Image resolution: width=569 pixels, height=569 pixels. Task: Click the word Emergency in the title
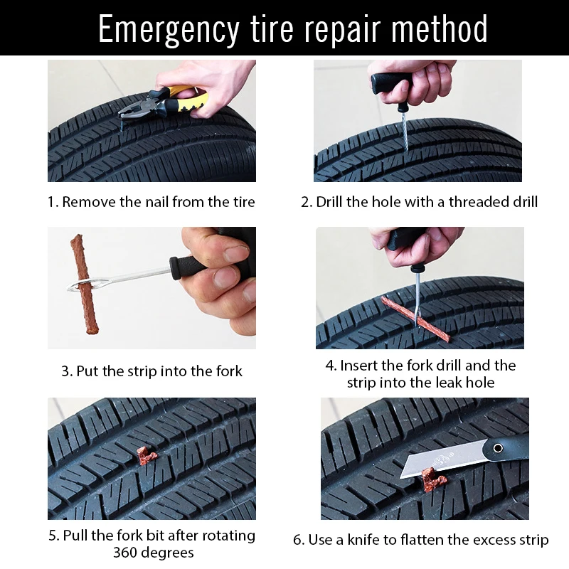[x=169, y=30]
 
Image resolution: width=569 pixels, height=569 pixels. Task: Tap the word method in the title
[x=439, y=28]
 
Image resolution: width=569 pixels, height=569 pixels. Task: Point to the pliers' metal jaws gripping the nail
[x=132, y=110]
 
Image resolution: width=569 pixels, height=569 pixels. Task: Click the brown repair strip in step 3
[x=85, y=284]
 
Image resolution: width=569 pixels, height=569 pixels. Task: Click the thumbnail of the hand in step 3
[x=237, y=253]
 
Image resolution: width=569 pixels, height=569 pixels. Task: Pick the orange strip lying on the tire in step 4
[x=415, y=319]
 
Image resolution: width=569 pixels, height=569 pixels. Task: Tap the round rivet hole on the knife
[x=498, y=448]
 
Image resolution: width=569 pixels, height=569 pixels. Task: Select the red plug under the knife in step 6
[x=434, y=479]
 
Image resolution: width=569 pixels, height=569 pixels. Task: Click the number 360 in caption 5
[x=124, y=553]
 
